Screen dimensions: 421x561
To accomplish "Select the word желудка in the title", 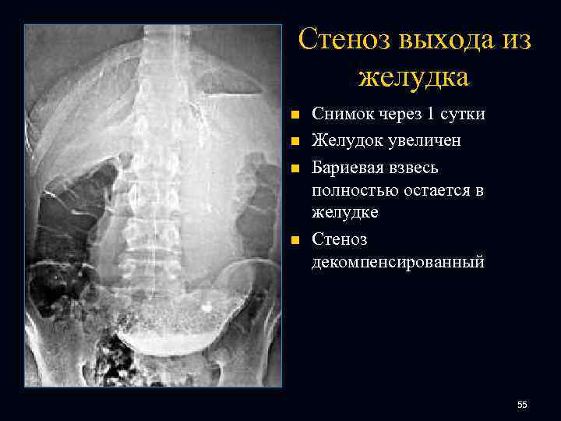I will pos(414,76).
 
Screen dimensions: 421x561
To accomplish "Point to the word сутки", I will pos(461,115).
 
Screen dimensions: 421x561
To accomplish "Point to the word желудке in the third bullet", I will pos(344,211).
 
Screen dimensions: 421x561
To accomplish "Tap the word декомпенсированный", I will pos(397,261).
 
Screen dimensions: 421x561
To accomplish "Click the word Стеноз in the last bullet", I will pos(339,239).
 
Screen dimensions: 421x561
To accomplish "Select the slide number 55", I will pos(522,405).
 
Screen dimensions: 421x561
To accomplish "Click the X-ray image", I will pos(153,206).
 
